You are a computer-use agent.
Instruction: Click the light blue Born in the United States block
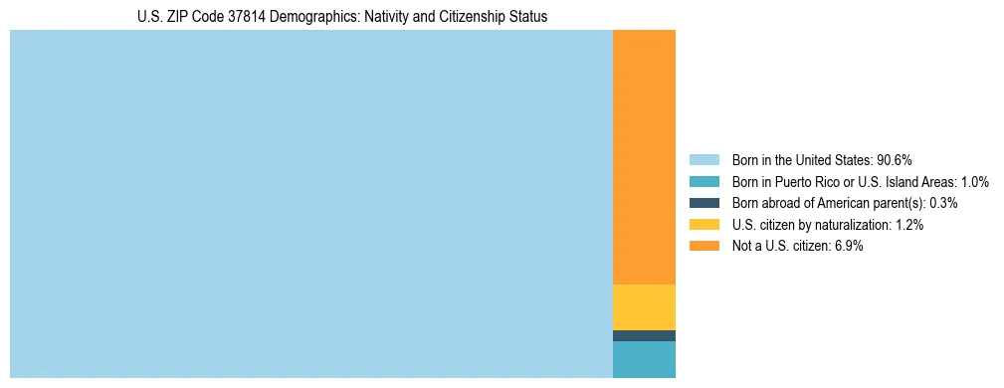(x=310, y=204)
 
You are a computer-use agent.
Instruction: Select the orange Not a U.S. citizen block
(x=644, y=157)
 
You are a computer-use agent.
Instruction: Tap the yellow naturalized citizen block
(x=644, y=306)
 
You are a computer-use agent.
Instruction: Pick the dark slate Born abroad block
(x=644, y=336)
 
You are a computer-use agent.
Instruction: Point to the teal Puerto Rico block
(x=644, y=359)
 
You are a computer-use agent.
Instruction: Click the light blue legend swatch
(x=703, y=160)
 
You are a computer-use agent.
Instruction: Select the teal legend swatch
(x=703, y=182)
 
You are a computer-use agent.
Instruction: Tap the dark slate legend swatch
(x=703, y=203)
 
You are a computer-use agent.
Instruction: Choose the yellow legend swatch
(x=703, y=225)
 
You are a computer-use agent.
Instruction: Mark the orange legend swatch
(x=703, y=246)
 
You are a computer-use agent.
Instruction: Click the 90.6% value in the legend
(x=895, y=160)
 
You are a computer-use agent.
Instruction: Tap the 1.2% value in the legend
(x=907, y=225)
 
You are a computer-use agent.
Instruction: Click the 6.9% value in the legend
(x=847, y=246)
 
